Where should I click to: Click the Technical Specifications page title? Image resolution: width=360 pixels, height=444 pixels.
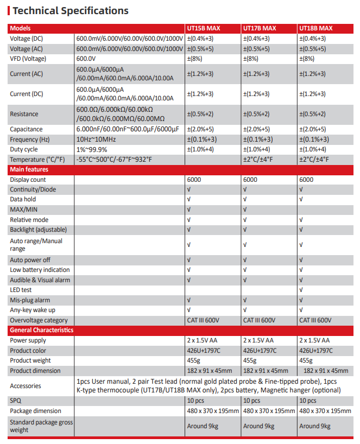tap(70, 11)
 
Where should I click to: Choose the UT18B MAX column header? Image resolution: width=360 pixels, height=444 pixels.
tap(316, 28)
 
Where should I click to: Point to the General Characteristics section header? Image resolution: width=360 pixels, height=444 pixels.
tap(41, 330)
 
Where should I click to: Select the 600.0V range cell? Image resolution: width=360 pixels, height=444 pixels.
tap(86, 59)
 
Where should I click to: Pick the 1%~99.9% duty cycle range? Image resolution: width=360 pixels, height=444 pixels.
tap(92, 149)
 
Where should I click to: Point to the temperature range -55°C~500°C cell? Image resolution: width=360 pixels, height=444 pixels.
tap(114, 160)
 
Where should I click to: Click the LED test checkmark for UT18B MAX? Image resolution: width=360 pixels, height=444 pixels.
tap(301, 290)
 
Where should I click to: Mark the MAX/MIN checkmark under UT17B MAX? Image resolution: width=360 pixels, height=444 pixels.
tap(245, 210)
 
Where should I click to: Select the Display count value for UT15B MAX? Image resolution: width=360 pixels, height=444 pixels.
tap(193, 180)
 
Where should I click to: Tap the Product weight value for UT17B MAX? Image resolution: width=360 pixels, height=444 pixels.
tap(250, 360)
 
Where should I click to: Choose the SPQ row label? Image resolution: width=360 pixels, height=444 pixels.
tap(16, 401)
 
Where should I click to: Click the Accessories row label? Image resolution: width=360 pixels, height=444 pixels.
tap(26, 386)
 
